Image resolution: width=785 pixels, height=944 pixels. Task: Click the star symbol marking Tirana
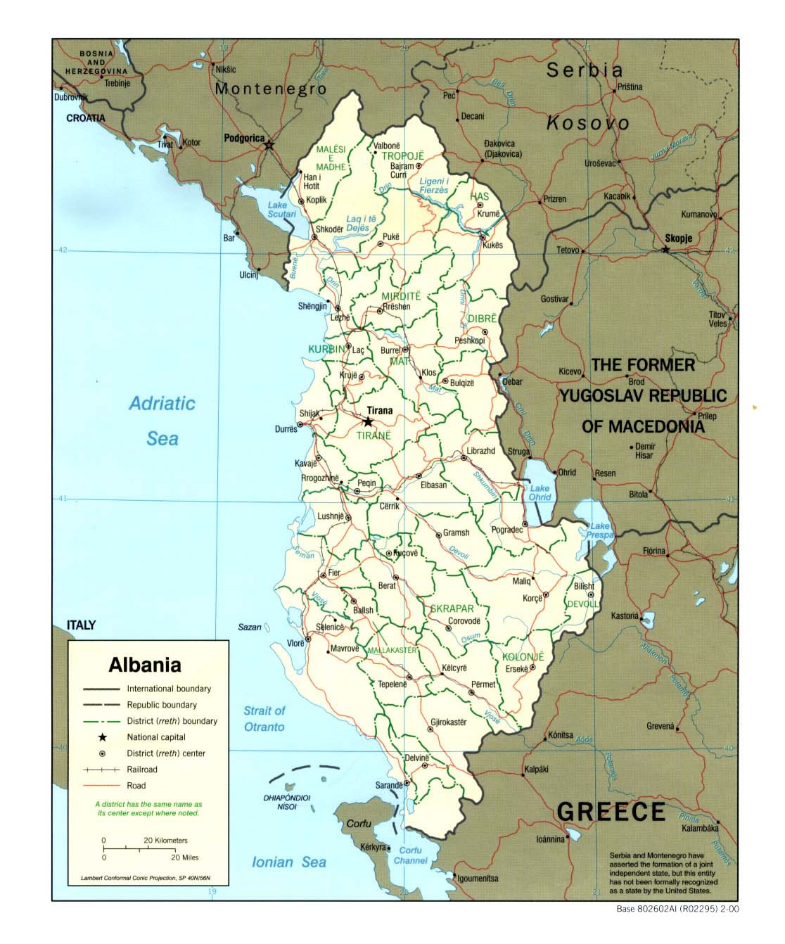click(x=368, y=422)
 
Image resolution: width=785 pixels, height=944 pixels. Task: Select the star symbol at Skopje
click(x=666, y=250)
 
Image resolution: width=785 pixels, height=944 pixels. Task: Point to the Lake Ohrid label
click(x=540, y=492)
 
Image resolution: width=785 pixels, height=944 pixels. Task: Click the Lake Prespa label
click(x=600, y=530)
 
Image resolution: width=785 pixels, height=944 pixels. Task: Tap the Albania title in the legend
click(x=145, y=665)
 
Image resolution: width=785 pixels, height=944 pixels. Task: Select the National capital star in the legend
click(x=103, y=737)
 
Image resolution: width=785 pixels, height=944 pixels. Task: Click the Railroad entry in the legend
click(x=142, y=770)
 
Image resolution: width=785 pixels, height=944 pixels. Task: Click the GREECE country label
click(x=611, y=812)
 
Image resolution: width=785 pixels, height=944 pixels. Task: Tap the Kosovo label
click(x=588, y=123)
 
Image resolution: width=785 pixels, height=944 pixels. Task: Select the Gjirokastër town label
click(x=449, y=722)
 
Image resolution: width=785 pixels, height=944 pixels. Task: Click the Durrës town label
click(x=286, y=429)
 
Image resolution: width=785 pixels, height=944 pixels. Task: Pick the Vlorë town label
click(x=295, y=643)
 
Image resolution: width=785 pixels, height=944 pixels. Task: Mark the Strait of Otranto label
click(x=264, y=719)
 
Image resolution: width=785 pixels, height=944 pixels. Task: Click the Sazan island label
click(x=250, y=627)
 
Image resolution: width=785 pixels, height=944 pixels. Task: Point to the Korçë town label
click(x=532, y=599)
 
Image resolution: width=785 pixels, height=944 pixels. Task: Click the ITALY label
click(x=81, y=625)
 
